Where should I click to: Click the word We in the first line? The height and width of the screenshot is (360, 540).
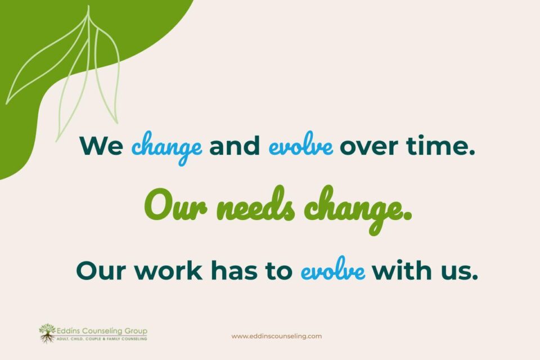tap(101, 146)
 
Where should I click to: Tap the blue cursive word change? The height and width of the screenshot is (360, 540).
tap(166, 148)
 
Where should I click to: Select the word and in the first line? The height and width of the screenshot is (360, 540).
tap(235, 145)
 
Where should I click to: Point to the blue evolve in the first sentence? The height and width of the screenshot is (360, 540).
tap(300, 143)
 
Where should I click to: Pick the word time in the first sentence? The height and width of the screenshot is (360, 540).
tap(440, 145)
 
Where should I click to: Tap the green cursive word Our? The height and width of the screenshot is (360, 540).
tap(175, 205)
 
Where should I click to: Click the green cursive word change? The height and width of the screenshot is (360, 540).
tap(358, 209)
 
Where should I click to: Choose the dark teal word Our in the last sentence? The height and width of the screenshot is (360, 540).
tap(101, 271)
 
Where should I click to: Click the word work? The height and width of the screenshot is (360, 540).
tap(168, 270)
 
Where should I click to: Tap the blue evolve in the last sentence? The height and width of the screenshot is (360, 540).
tap(332, 269)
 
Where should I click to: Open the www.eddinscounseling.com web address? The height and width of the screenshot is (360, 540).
tap(277, 336)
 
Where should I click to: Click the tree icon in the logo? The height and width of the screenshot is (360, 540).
tap(47, 334)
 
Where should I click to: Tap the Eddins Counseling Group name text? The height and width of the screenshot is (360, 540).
tap(102, 331)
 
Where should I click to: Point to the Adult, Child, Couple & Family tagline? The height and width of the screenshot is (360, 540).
tap(102, 339)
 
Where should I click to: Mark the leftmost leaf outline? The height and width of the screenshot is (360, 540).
tap(47, 59)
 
